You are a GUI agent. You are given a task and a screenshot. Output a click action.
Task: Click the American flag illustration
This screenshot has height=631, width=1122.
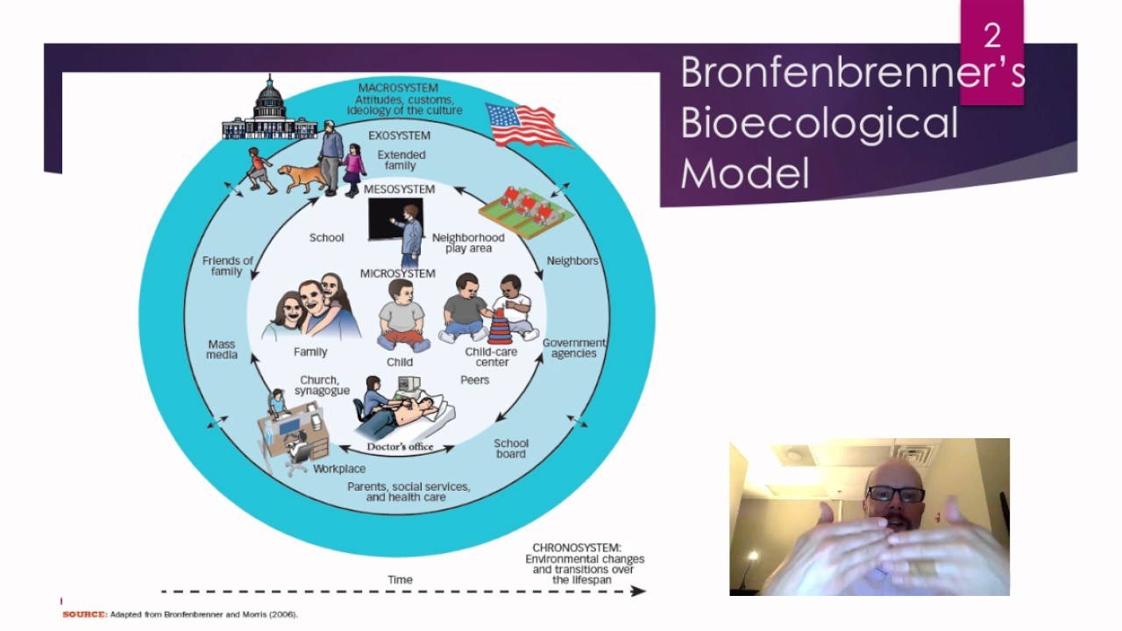click(528, 125)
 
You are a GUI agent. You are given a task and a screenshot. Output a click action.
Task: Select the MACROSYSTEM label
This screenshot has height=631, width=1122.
click(398, 88)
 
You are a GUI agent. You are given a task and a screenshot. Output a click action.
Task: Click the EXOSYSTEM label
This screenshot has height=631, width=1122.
click(399, 136)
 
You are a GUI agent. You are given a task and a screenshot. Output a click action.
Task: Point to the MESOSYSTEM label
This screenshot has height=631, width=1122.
click(399, 189)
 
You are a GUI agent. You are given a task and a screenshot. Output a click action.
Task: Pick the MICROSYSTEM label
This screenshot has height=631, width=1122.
click(397, 273)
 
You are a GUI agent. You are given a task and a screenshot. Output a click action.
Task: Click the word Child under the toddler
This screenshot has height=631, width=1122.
click(400, 362)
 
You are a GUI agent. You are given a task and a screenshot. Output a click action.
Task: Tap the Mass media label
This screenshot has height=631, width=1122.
click(222, 350)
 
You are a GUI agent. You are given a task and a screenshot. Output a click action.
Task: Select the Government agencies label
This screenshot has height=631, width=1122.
click(574, 348)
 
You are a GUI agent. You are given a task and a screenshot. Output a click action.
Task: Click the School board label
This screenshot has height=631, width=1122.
click(511, 449)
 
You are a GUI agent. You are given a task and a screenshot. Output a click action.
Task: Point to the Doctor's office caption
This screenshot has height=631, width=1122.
click(400, 447)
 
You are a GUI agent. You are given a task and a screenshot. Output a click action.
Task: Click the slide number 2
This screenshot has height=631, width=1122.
click(991, 36)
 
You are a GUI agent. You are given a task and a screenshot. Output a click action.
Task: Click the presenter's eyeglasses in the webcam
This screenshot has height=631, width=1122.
click(895, 494)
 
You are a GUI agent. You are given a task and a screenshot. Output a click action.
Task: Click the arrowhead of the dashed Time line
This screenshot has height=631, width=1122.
click(639, 591)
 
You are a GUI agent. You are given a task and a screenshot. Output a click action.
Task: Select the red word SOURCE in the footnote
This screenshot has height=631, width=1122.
click(84, 614)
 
